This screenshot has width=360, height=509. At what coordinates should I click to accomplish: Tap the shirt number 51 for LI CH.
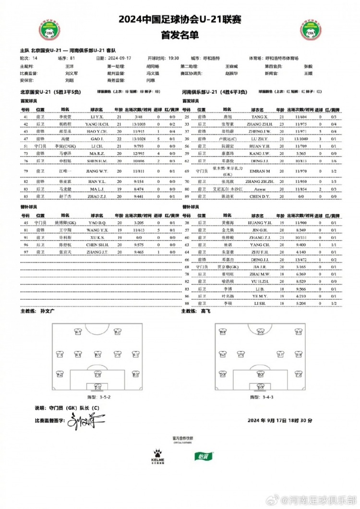pyautogui.click(x=25, y=145)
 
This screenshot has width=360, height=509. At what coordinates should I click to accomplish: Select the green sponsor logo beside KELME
pyautogui.click(x=201, y=470)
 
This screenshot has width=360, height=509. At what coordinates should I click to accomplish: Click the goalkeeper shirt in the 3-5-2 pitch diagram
pyautogui.click(x=97, y=386)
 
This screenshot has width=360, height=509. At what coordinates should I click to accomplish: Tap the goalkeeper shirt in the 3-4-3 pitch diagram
pyautogui.click(x=259, y=386)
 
